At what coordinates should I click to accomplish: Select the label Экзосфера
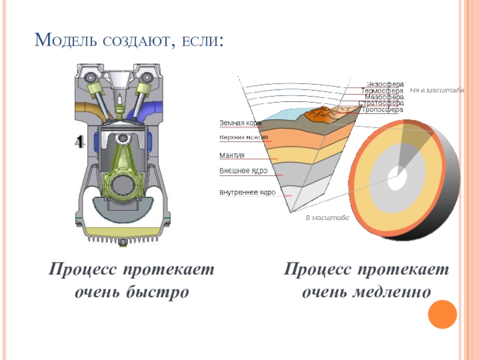point(385,84)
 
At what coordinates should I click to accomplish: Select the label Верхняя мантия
point(244,137)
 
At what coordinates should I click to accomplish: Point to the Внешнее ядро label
point(243,171)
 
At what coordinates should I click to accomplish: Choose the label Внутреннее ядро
point(247,193)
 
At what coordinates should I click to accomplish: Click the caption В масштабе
point(327,218)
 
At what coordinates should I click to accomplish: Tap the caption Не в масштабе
point(437,90)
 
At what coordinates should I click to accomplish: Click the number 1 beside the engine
point(79,142)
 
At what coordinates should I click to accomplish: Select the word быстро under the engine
point(158,292)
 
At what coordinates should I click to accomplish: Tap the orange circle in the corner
point(443,314)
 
